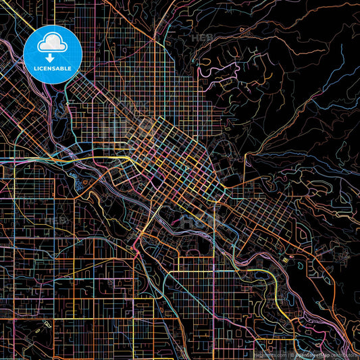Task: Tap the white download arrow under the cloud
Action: click(x=52, y=57)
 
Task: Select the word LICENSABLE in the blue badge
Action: click(x=52, y=68)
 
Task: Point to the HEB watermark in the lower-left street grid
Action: click(x=54, y=220)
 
